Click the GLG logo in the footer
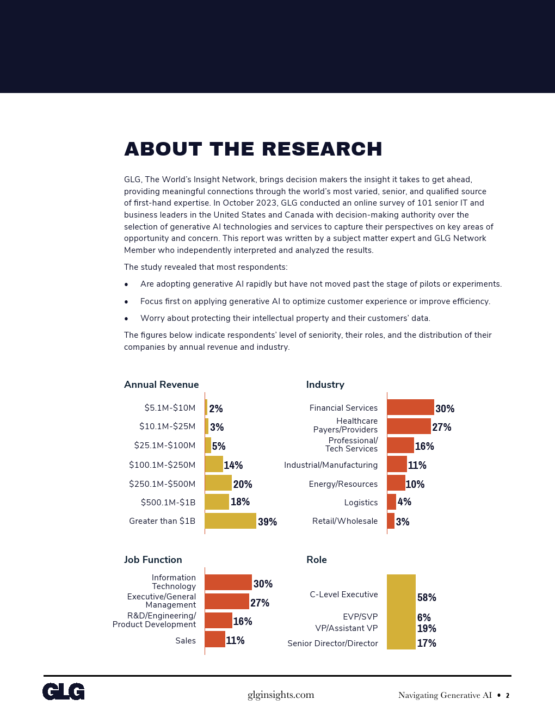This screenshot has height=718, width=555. [64, 691]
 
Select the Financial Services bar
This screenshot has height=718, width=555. [410, 407]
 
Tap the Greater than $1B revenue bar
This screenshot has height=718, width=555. [230, 521]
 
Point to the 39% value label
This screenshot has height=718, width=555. [267, 522]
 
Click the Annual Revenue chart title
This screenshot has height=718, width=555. [161, 385]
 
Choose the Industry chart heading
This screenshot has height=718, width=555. [325, 385]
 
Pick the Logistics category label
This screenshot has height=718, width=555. [361, 503]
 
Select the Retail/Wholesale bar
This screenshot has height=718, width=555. [391, 521]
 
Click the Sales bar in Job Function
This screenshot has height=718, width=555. [215, 639]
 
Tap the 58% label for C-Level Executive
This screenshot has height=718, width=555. [427, 597]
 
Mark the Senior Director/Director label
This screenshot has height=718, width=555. [332, 643]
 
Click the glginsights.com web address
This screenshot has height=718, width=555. [281, 695]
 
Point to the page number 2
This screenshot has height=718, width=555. [508, 696]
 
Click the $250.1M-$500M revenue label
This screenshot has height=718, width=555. [162, 484]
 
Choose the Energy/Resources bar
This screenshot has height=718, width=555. [396, 483]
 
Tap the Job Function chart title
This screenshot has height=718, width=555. [153, 560]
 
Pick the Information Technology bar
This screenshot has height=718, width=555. [228, 582]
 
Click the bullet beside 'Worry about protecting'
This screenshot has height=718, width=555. [126, 319]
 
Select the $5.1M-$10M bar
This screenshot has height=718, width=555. [206, 407]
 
